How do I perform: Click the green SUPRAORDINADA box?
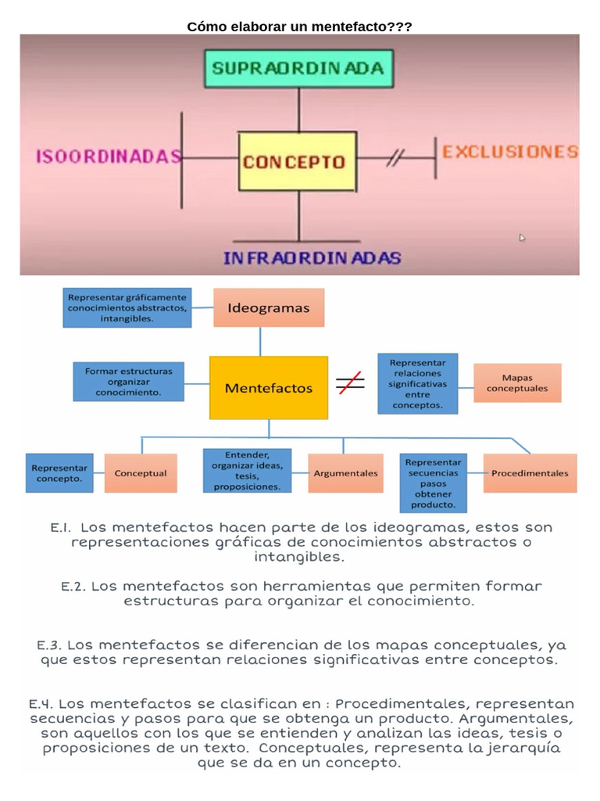click(x=298, y=68)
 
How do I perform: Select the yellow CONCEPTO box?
click(x=297, y=162)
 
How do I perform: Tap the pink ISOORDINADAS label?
click(x=108, y=156)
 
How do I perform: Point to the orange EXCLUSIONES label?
click(x=510, y=152)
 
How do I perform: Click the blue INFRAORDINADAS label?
click(x=312, y=257)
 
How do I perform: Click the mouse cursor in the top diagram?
click(x=522, y=238)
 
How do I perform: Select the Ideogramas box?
click(x=268, y=307)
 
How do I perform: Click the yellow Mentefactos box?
click(x=268, y=387)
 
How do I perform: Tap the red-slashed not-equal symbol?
click(x=350, y=383)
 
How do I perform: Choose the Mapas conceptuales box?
click(x=517, y=383)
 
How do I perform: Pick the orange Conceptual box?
click(x=141, y=473)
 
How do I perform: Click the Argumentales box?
click(x=345, y=473)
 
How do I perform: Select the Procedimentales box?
click(x=530, y=473)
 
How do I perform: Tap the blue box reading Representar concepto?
click(x=59, y=473)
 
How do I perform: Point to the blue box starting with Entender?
click(x=247, y=470)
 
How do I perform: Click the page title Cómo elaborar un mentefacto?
click(x=299, y=27)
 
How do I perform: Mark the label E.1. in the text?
click(x=61, y=528)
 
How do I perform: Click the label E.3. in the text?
click(x=52, y=645)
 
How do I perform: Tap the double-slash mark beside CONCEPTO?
click(x=395, y=160)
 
